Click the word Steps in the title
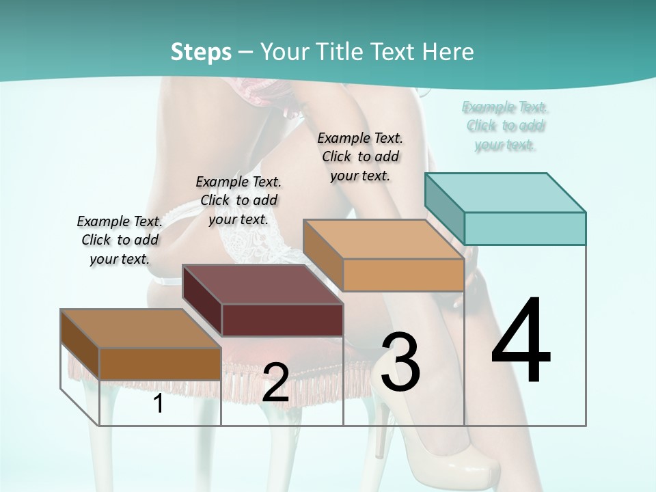click(201, 52)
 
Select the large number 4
click(521, 342)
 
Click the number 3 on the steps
click(400, 362)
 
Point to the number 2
click(275, 383)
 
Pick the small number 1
click(158, 404)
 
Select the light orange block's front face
click(403, 275)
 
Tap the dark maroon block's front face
click(282, 320)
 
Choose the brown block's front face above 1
click(160, 364)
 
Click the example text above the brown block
click(120, 240)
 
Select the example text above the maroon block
click(238, 200)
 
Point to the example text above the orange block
click(360, 156)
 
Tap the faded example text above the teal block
click(505, 126)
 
